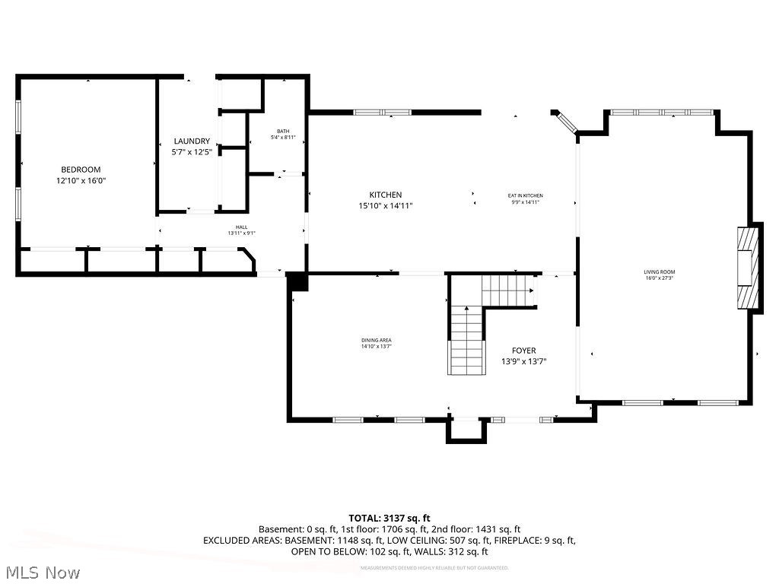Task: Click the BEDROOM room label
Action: (81, 170)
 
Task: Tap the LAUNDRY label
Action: (192, 141)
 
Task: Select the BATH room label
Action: (283, 131)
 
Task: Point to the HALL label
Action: (241, 227)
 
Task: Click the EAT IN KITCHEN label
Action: (526, 195)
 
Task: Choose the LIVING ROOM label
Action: (660, 271)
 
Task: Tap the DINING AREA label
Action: (377, 340)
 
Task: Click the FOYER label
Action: (523, 351)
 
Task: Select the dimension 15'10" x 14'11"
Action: (386, 205)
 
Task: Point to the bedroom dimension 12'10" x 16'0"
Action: (81, 181)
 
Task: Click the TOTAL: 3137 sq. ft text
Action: (389, 519)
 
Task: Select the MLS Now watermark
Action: (42, 572)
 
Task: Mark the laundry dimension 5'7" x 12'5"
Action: (192, 152)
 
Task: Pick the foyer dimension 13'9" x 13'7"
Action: (523, 361)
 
